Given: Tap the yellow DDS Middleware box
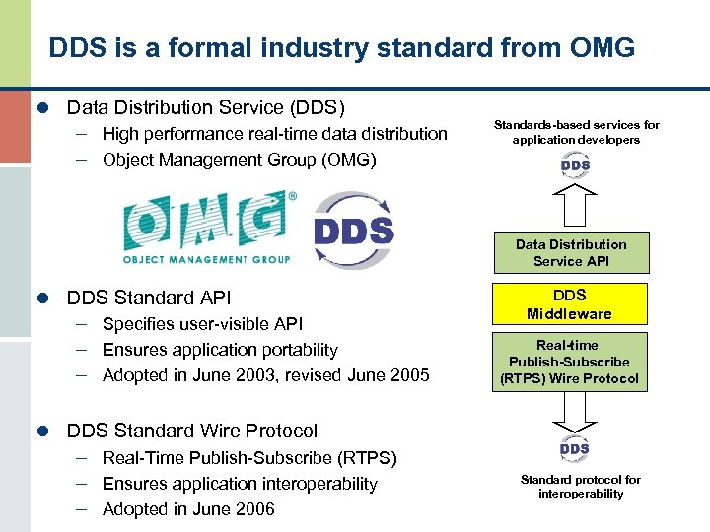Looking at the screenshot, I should coord(571,304).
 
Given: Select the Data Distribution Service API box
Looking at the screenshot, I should coord(571,252).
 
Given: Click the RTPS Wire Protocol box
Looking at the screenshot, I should coord(571,362).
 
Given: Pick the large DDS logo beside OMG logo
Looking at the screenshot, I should coord(353,230).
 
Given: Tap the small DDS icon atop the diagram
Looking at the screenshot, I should coord(575,166).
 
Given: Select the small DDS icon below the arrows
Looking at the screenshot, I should coord(575,449).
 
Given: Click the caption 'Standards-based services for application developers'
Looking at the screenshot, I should coord(576,132).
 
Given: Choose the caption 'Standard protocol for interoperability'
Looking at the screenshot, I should coord(580,487).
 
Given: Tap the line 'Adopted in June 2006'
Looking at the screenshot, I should coord(188,509).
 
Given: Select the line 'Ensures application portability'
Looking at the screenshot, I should coord(220,350).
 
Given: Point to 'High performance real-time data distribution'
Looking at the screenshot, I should coord(274,134).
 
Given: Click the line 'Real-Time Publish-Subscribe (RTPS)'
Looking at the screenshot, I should coord(249,458).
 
